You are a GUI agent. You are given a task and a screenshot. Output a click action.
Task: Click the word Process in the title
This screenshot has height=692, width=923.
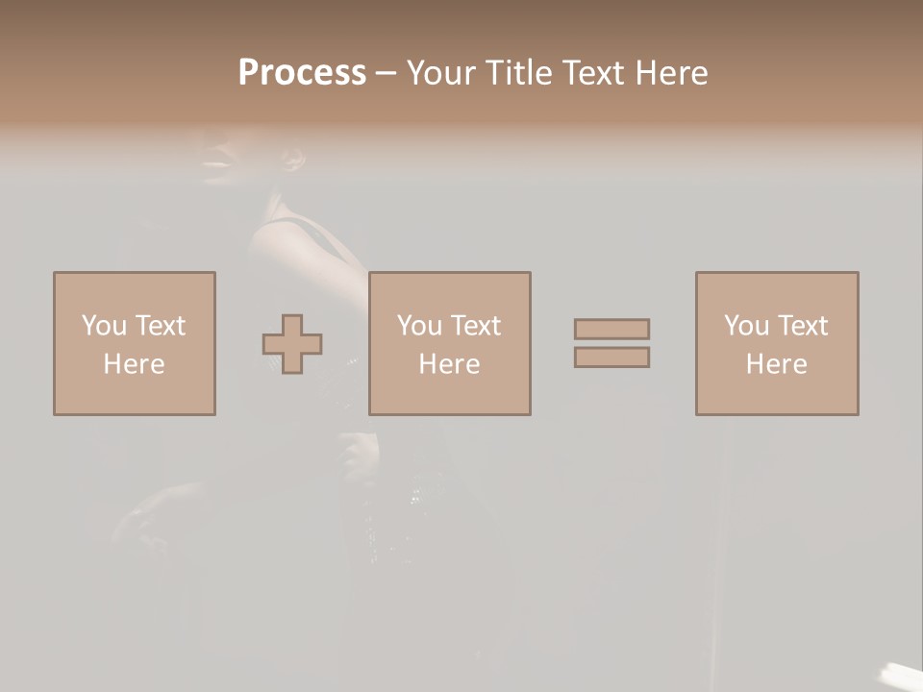pyautogui.click(x=302, y=73)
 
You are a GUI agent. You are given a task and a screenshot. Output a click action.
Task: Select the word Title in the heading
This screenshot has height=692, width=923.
pyautogui.click(x=517, y=73)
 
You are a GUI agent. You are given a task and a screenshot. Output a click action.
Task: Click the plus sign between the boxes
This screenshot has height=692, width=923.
pyautogui.click(x=292, y=344)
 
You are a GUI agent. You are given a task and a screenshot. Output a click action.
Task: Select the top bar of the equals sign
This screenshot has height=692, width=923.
pyautogui.click(x=611, y=329)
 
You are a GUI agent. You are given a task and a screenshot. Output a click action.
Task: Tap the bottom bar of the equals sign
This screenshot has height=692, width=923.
pyautogui.click(x=611, y=358)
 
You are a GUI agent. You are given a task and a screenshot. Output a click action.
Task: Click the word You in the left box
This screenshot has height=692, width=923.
pyautogui.click(x=104, y=326)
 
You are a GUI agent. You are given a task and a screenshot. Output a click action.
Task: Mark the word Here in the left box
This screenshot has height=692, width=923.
pyautogui.click(x=134, y=364)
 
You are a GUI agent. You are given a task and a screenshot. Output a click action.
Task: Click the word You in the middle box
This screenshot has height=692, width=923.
pyautogui.click(x=419, y=326)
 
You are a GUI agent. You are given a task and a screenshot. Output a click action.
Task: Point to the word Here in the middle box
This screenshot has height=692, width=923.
pyautogui.click(x=449, y=364)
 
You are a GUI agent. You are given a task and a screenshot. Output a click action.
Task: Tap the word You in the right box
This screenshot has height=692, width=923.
pyautogui.click(x=746, y=326)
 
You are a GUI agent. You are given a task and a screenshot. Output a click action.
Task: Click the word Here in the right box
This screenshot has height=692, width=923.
pyautogui.click(x=776, y=364)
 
